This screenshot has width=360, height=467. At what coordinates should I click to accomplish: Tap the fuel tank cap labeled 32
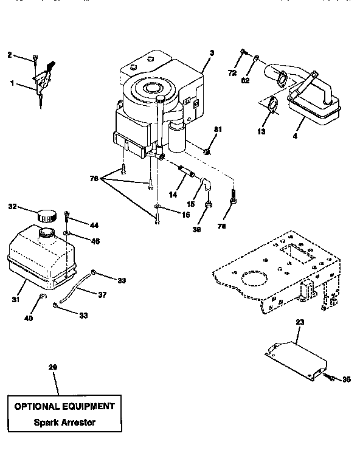click(x=46, y=215)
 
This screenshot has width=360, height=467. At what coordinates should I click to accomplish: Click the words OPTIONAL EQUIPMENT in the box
click(x=64, y=406)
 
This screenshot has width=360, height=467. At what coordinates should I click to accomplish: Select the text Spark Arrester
click(x=64, y=421)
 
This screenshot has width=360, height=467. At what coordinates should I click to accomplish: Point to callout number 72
click(x=231, y=73)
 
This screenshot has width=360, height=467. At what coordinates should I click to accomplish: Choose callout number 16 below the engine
click(x=168, y=215)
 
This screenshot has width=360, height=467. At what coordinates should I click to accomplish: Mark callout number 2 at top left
click(x=10, y=55)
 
